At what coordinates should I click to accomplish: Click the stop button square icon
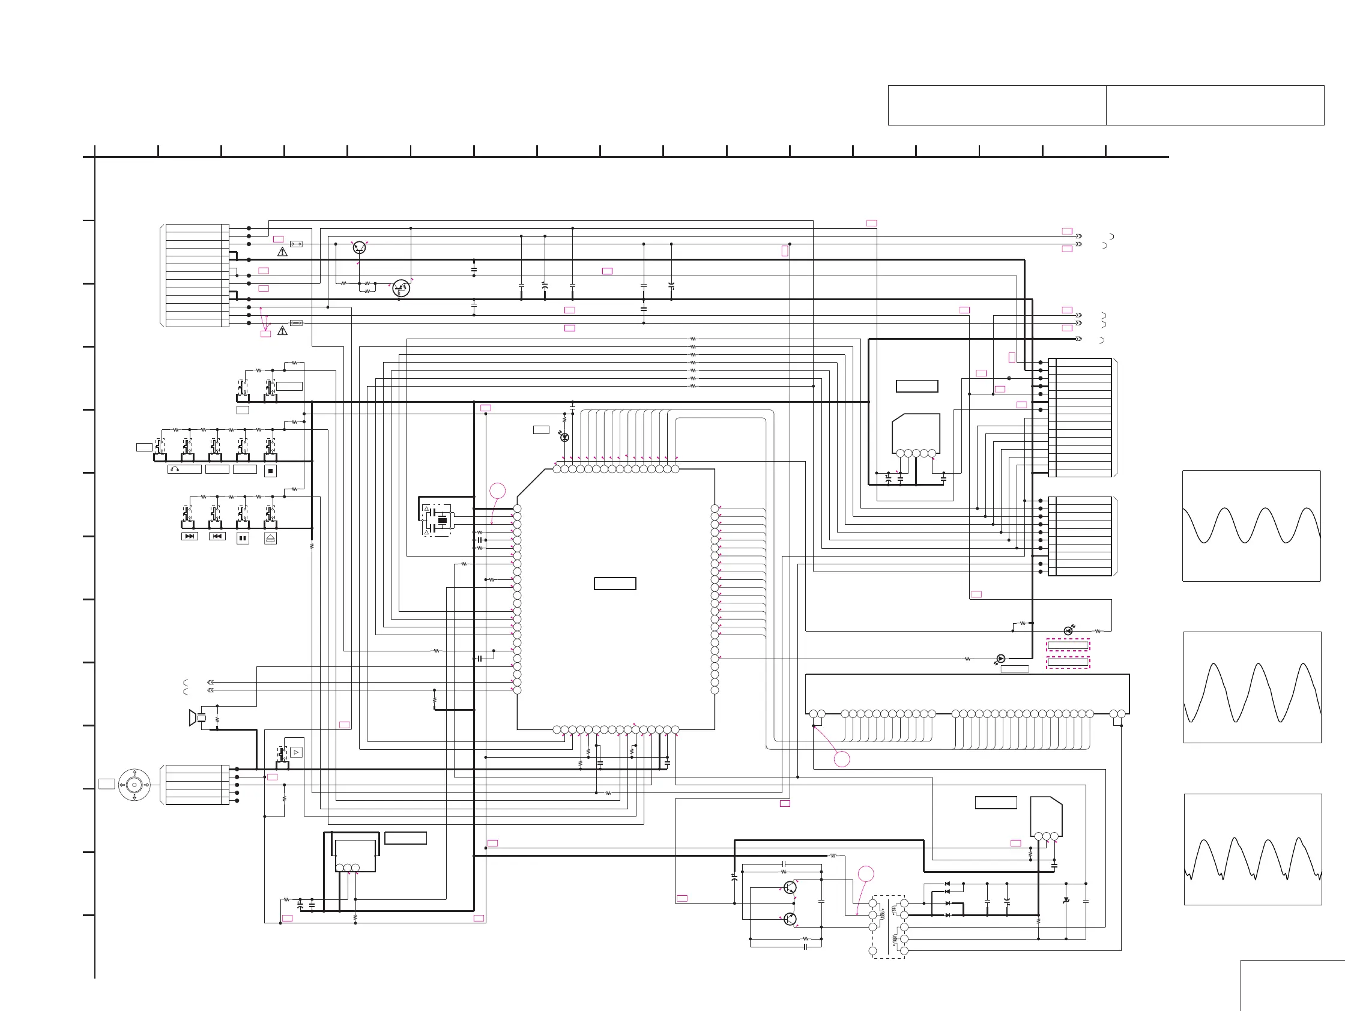271,471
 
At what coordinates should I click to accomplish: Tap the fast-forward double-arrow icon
190,536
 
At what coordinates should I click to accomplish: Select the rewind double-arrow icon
217,536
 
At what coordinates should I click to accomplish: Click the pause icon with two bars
243,538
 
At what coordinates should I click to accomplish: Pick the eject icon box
271,538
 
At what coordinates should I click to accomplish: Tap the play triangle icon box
296,753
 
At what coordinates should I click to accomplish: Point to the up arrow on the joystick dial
134,773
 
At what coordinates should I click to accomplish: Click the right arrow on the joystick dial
147,785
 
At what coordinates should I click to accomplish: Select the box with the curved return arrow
184,469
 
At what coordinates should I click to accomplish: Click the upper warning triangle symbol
282,252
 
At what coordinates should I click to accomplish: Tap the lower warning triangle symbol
282,331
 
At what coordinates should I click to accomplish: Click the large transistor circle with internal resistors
401,288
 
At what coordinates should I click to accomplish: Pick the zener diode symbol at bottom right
1066,901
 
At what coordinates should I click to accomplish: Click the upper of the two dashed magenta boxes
1068,645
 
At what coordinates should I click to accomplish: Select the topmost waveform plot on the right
1251,526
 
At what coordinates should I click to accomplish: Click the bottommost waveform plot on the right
1253,850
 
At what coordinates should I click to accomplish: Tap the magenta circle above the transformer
866,874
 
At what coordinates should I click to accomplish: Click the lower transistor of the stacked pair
790,919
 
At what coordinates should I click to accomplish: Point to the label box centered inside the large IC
615,584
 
